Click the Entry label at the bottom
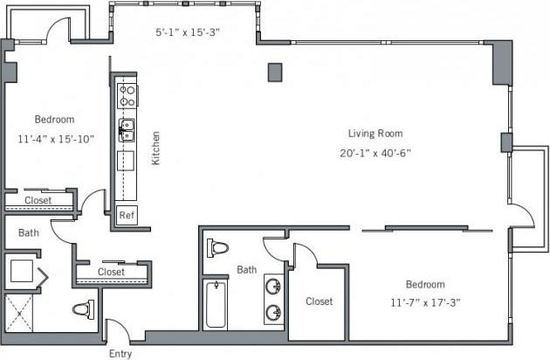pyautogui.click(x=120, y=353)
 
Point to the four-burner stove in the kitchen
pyautogui.click(x=127, y=94)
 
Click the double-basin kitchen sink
pyautogui.click(x=127, y=131)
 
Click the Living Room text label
pyautogui.click(x=375, y=134)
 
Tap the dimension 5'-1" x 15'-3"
pyautogui.click(x=187, y=33)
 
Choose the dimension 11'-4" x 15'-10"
pyautogui.click(x=56, y=138)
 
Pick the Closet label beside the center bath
pyautogui.click(x=319, y=301)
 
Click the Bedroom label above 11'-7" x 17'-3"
pyautogui.click(x=425, y=284)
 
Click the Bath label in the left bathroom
pyautogui.click(x=28, y=232)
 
